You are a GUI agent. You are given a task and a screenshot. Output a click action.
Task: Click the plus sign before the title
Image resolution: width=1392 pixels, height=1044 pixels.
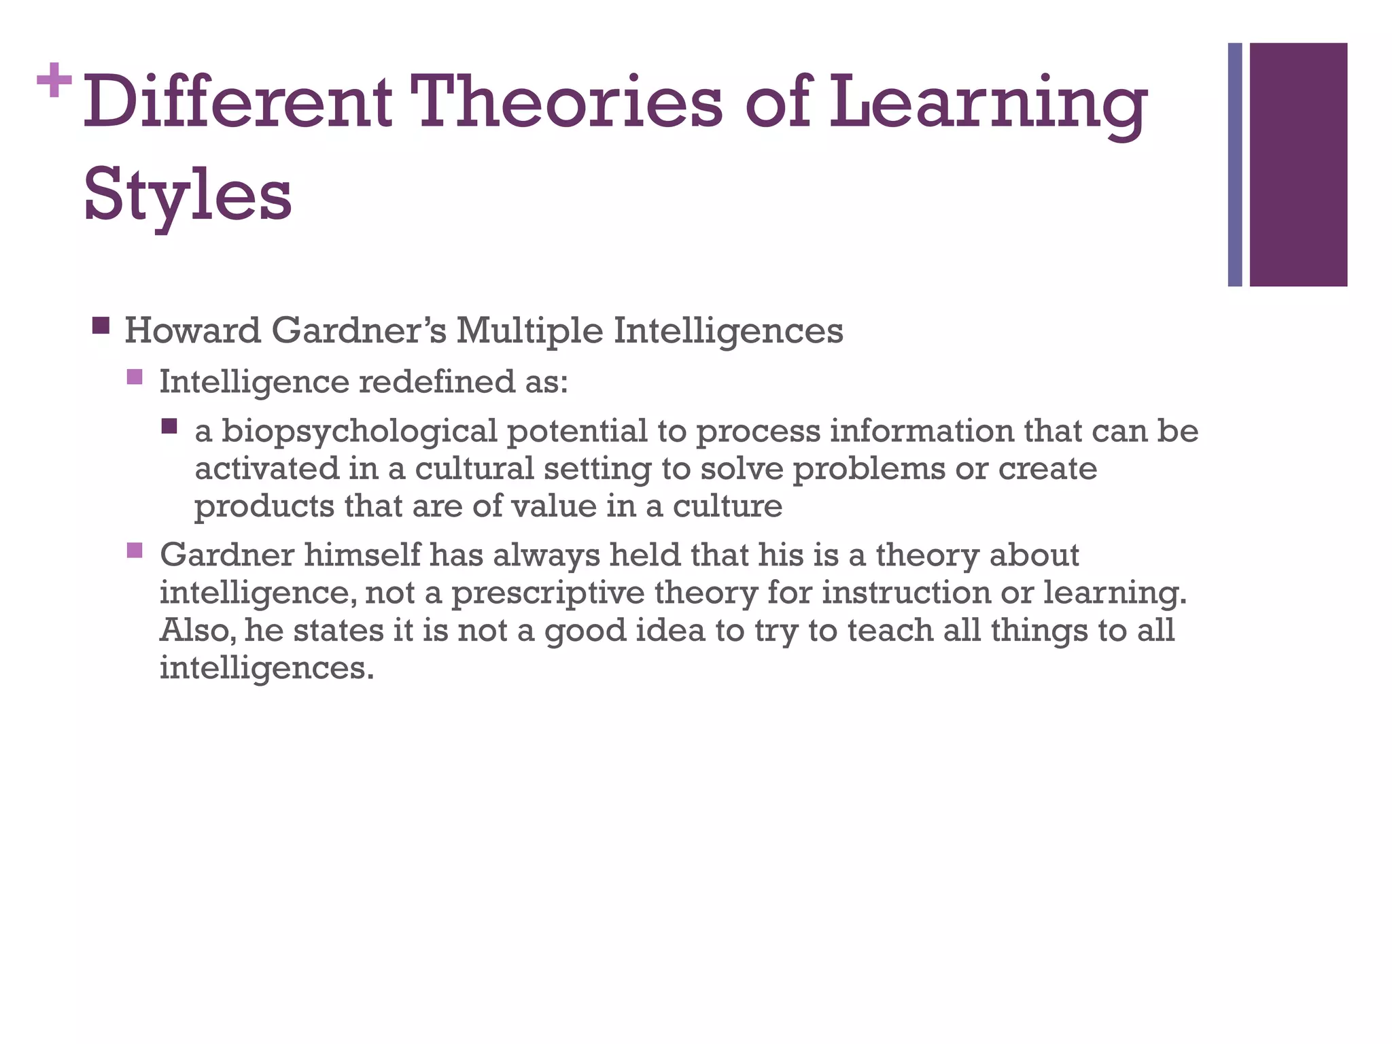point(54,81)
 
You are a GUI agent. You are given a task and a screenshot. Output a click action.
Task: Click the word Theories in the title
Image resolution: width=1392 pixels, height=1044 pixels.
point(569,103)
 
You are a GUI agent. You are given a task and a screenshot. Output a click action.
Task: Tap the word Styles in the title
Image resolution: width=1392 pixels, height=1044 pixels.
point(188,196)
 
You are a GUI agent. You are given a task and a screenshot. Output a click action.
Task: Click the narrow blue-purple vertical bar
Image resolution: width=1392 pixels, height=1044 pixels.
point(1235,164)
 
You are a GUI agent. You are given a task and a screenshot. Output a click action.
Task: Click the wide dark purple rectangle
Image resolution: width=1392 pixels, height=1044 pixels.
point(1298,164)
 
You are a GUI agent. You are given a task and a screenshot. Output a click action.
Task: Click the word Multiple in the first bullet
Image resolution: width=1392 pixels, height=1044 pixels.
point(529,331)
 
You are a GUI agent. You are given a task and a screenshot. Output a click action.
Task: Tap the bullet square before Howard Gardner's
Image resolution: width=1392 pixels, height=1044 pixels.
point(101,326)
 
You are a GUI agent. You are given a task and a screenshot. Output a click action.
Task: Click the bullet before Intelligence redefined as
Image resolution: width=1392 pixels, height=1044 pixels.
point(135,377)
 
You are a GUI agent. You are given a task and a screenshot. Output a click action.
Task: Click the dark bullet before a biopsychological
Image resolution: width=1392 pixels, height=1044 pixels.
point(169,427)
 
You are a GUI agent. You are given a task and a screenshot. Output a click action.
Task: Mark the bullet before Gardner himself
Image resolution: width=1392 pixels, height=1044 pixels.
point(135,549)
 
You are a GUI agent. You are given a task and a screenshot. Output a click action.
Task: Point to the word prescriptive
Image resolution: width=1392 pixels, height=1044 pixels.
point(548,593)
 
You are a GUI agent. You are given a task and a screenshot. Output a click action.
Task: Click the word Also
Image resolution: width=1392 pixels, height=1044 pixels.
point(198,630)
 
